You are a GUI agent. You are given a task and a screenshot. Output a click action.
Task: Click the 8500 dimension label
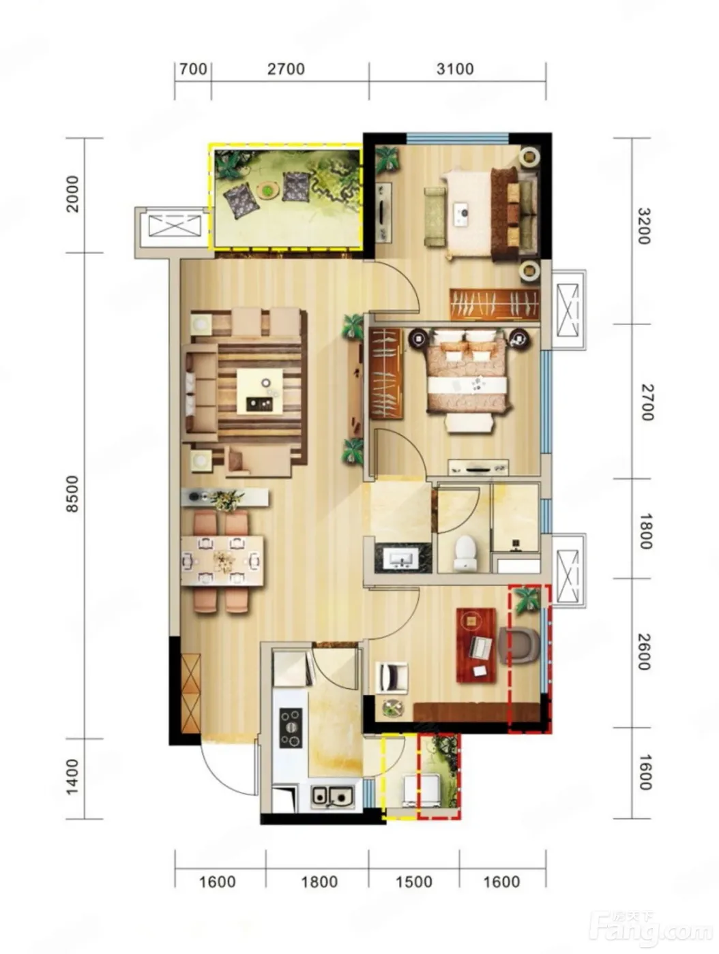[x=72, y=493]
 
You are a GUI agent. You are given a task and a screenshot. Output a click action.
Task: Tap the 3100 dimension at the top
[x=455, y=69]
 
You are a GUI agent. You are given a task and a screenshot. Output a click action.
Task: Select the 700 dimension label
[x=193, y=69]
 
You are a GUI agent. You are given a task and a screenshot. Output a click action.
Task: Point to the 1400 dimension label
[x=72, y=777]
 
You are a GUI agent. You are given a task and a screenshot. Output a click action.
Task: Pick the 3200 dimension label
[x=645, y=226]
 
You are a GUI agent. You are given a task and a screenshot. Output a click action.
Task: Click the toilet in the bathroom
[x=465, y=552]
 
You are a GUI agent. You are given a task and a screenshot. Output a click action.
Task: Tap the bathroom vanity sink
[x=402, y=557]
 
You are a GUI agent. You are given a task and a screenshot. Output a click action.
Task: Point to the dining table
[x=222, y=560]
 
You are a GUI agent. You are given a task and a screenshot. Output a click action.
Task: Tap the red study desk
[x=476, y=645]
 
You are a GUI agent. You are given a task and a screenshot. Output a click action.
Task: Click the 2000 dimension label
[x=72, y=194]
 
